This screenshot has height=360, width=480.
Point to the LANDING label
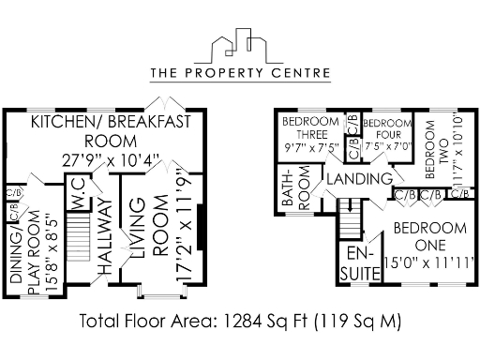358,178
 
